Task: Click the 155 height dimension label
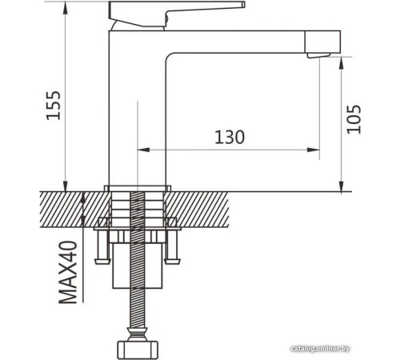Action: (53, 104)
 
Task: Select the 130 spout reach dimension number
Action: (229, 137)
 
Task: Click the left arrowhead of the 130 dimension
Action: (144, 150)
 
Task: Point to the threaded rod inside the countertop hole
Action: (138, 212)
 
